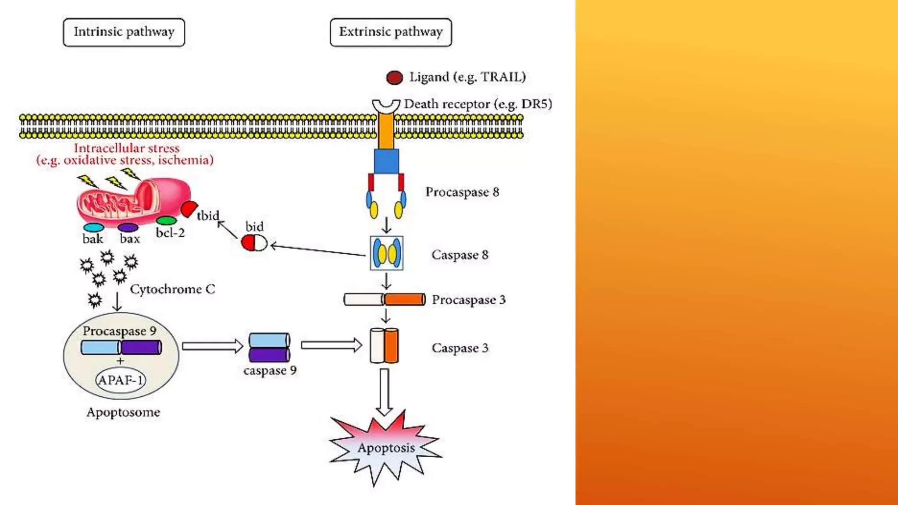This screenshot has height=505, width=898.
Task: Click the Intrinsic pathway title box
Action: (124, 32)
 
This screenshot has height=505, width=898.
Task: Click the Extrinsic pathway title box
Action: (390, 32)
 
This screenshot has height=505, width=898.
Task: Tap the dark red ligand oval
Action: (394, 78)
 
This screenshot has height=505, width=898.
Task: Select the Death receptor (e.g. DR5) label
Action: (478, 104)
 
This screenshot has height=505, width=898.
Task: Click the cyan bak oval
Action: (93, 228)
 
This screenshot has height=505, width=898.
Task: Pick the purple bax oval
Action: (128, 228)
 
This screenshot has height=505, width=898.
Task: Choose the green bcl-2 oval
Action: (167, 220)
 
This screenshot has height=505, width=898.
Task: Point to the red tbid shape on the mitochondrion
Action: (189, 209)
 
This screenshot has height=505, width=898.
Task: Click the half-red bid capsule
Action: (254, 242)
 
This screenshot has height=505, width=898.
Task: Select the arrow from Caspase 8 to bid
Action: (318, 250)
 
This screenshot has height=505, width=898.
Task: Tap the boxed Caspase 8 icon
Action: (386, 253)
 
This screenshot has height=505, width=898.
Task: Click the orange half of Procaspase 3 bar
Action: (405, 299)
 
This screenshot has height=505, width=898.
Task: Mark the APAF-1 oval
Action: (121, 380)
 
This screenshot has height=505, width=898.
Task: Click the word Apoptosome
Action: (123, 412)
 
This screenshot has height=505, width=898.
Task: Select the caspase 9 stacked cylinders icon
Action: (269, 347)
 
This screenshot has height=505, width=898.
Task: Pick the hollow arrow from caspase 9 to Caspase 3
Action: (331, 345)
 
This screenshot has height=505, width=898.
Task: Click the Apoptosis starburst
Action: (385, 448)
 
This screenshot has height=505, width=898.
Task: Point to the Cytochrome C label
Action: (172, 289)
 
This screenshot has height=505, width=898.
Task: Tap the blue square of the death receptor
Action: (386, 161)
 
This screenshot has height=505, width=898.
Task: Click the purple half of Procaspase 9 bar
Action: (141, 347)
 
